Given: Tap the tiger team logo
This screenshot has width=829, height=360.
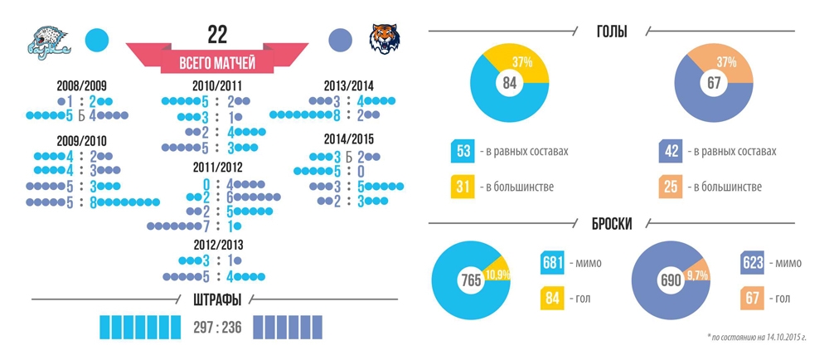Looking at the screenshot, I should pos(385,41).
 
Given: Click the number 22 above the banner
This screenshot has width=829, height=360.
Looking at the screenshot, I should pos(217,34).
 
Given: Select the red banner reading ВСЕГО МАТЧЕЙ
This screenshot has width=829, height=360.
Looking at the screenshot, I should pos(217,61).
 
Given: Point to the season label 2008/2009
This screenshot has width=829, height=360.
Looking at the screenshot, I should pos(81,86).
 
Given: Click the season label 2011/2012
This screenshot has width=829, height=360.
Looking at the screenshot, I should pos(218,168).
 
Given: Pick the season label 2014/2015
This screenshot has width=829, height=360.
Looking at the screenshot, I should pos(348,140).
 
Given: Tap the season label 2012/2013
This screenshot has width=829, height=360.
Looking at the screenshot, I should pos(218,245).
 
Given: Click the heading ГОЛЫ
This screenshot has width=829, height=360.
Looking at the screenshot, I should pos(612,32).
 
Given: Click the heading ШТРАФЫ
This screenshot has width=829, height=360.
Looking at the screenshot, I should pos(218,299).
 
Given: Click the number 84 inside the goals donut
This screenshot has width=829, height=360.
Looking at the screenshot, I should pos(509,82).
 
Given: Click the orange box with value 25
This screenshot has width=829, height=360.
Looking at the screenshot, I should pos(671,187).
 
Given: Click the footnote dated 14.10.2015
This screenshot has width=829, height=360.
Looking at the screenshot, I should pos(757,338).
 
